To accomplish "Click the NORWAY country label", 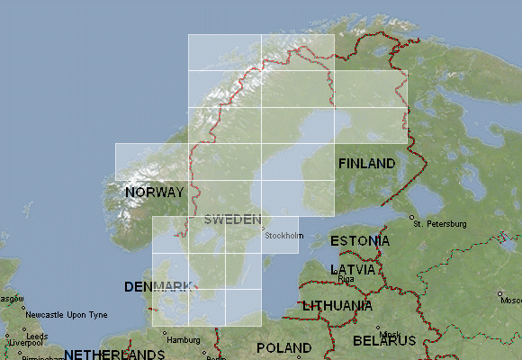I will pos(155,193).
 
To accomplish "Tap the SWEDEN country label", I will pos(232,220).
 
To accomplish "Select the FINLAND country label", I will pos(366,164).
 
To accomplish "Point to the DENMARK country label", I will pos(160,287).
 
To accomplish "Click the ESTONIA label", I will pos(360,241).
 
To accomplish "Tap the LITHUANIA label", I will pos(338,306).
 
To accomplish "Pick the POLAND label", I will pos(283,347).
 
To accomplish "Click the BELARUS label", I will pos(384,341).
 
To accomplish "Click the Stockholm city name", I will pos(285,237).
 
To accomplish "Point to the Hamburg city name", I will pos(183,340).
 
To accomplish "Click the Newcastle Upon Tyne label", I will pos(66,315).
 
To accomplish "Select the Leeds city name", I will pos(37,335).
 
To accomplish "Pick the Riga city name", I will pos(346,279).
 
